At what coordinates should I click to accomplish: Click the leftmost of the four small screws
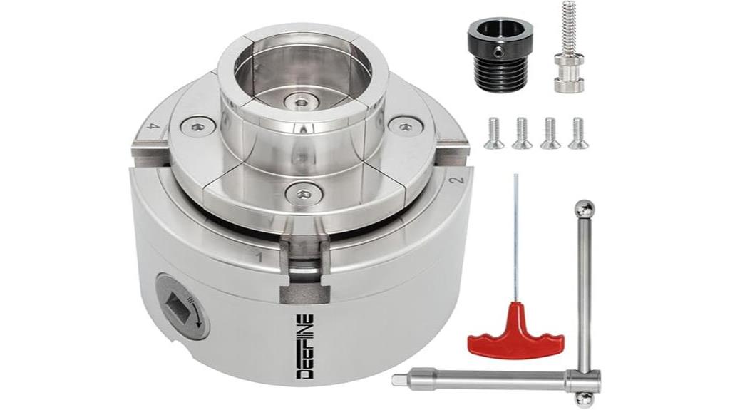(493, 133)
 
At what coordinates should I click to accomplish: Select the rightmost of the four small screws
(578, 133)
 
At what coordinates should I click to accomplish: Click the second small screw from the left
(522, 133)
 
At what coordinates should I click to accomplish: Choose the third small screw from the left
(550, 133)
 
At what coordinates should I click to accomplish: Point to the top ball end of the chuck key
(585, 209)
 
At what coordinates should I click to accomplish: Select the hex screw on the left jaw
(197, 127)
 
